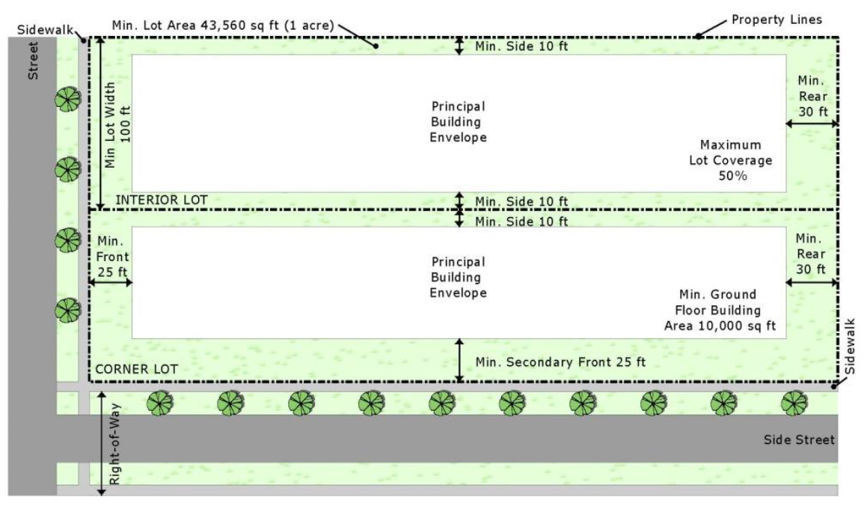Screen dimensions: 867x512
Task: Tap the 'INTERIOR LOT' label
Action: click(x=161, y=200)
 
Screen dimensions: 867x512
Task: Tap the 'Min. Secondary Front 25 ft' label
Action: click(x=560, y=362)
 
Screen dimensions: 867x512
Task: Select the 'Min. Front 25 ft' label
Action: click(x=111, y=257)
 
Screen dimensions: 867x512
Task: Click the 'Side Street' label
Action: click(x=798, y=439)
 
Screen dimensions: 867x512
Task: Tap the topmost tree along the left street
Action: click(x=68, y=99)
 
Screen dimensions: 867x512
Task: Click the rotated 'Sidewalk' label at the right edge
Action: click(x=850, y=345)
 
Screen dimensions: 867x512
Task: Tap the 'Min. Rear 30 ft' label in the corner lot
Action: click(x=811, y=253)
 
